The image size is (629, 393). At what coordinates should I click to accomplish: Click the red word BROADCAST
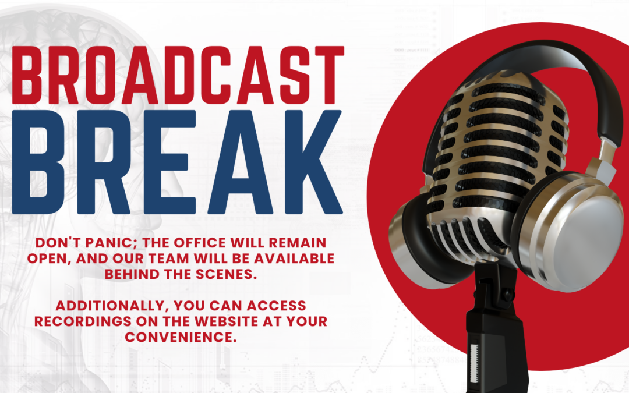pos(178,75)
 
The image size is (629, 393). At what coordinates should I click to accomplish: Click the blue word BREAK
pos(177,162)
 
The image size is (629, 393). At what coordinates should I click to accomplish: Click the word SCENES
pos(226,274)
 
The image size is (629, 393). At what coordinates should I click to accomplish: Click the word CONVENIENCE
pos(181,337)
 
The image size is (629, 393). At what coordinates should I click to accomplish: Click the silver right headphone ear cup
pos(572,232)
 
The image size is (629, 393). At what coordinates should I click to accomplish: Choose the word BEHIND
pos(132,274)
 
